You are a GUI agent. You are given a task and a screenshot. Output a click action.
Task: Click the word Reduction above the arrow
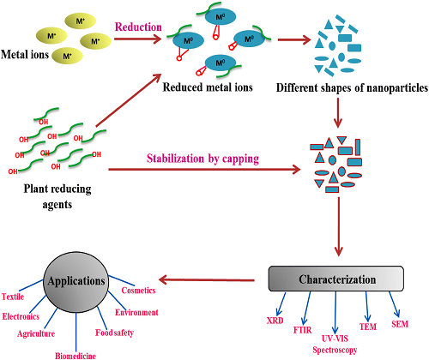coord(138,27)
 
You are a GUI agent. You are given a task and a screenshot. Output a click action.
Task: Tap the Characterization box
coord(336,279)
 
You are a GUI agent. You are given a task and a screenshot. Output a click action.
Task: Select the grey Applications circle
coord(76,282)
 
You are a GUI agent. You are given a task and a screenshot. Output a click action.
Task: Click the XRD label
coord(275,321)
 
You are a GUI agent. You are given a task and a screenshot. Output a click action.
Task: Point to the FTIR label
coord(302,330)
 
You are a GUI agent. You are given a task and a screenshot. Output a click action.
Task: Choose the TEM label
coord(368,327)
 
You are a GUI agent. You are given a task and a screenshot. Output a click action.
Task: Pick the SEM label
coord(400,324)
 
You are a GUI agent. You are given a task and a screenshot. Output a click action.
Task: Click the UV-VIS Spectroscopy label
coord(335,345)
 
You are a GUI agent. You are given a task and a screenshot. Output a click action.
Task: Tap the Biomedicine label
coord(76,356)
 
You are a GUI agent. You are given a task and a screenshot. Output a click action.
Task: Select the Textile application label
coord(13,297)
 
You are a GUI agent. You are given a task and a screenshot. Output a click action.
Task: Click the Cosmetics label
coord(138,291)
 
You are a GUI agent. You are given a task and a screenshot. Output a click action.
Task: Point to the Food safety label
coord(114,333)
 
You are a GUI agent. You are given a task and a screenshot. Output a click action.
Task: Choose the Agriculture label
coord(36,333)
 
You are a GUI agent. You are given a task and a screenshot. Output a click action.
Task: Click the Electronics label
coord(21,316)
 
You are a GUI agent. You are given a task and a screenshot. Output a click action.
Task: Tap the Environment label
coord(136,312)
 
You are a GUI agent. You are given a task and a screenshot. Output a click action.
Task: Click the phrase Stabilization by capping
coord(202,159)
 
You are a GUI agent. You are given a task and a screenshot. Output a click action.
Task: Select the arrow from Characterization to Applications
coord(207,280)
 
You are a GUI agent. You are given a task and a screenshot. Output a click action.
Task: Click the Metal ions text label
coord(25,54)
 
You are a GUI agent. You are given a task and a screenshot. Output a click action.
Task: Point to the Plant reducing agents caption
coord(57,196)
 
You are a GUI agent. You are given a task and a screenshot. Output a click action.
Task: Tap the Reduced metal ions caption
coord(208,87)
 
